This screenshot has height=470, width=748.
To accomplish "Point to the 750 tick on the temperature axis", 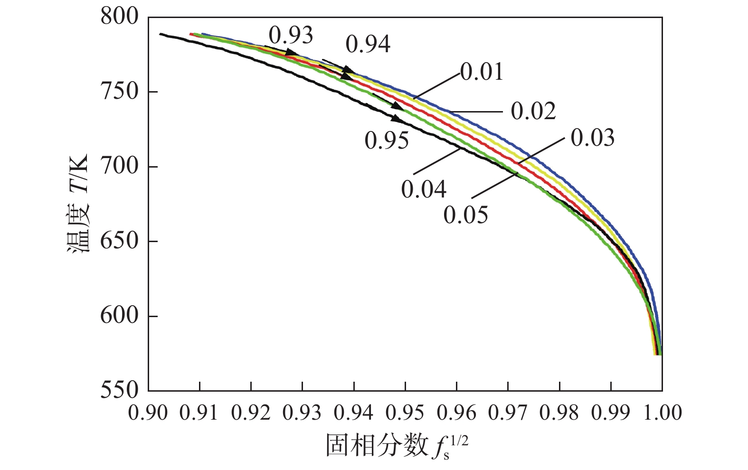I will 119,92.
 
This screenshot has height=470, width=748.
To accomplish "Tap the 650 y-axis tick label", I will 119,241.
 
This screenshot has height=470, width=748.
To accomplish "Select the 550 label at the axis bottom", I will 119,390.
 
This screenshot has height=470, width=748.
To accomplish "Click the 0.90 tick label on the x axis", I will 148,412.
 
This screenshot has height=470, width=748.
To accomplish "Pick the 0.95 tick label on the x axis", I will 405,412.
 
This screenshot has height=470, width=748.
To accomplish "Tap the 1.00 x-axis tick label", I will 661,412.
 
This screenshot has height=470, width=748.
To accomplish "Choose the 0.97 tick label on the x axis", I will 508,412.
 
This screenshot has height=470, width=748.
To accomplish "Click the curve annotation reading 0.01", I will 481,72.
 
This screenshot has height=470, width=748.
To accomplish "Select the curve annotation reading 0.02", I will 533,111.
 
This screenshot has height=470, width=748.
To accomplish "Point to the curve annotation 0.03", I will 592,138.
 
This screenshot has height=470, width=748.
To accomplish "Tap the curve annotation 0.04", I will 424,189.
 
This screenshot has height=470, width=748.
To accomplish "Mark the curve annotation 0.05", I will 465,215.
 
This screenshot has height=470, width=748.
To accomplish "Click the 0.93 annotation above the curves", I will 291,35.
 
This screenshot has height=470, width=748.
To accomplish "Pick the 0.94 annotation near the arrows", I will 368,44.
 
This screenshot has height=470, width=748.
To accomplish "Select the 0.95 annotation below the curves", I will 387,141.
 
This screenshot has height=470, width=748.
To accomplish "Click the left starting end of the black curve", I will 161,34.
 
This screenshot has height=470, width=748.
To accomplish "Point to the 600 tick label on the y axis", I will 119,316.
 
